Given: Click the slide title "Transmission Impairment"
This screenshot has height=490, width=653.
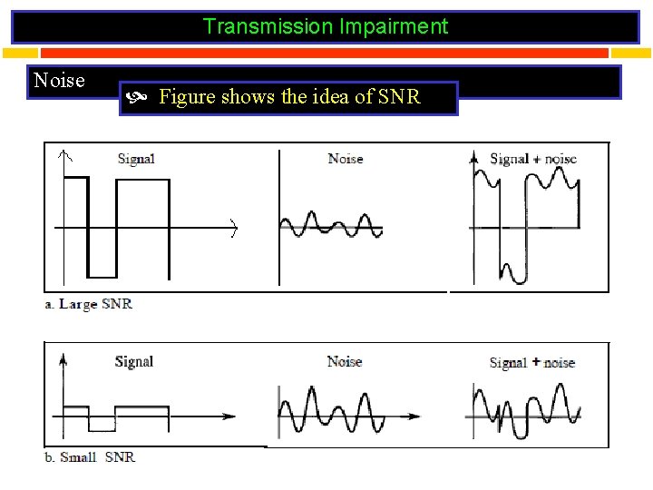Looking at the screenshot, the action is tap(326, 26).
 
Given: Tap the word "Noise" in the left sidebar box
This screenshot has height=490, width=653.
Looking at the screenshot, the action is tap(59, 81).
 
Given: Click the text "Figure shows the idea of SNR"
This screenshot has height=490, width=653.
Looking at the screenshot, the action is tap(289, 97).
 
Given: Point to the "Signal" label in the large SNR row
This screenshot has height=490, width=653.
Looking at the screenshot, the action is tap(136, 159).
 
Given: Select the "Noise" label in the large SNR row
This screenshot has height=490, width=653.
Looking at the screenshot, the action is tap(346, 159).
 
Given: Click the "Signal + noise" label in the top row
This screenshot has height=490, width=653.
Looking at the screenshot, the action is tap(533, 159).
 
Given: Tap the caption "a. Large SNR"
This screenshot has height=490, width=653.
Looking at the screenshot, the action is tap(89, 304).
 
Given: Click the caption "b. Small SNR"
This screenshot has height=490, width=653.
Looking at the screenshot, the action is tap(90, 457).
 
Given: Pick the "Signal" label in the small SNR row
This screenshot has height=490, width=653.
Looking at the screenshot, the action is tap(134, 362).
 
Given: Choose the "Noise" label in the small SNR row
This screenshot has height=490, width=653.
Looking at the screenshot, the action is tap(345, 362).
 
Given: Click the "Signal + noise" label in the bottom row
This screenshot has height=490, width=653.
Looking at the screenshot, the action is tap(532, 363).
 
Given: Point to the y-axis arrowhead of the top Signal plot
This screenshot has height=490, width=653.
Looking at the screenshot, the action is tap(63, 152).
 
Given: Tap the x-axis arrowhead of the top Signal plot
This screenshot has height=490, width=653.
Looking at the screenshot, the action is tap(233, 227).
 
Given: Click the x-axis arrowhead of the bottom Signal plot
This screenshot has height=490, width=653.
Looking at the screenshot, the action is tap(231, 417).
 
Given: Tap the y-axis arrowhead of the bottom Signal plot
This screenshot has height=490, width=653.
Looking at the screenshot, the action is tap(62, 359).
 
